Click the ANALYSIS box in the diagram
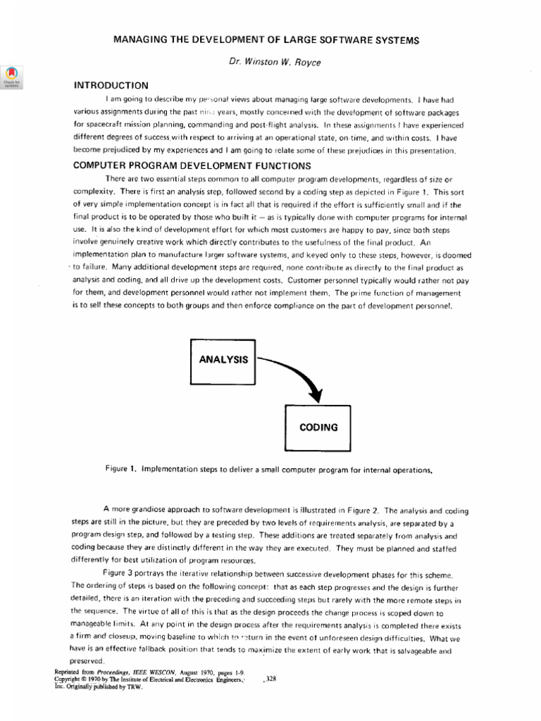point(223,360)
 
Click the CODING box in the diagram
point(318,427)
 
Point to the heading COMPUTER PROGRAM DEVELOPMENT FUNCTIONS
point(192,166)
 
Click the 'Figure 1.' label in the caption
point(120,468)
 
